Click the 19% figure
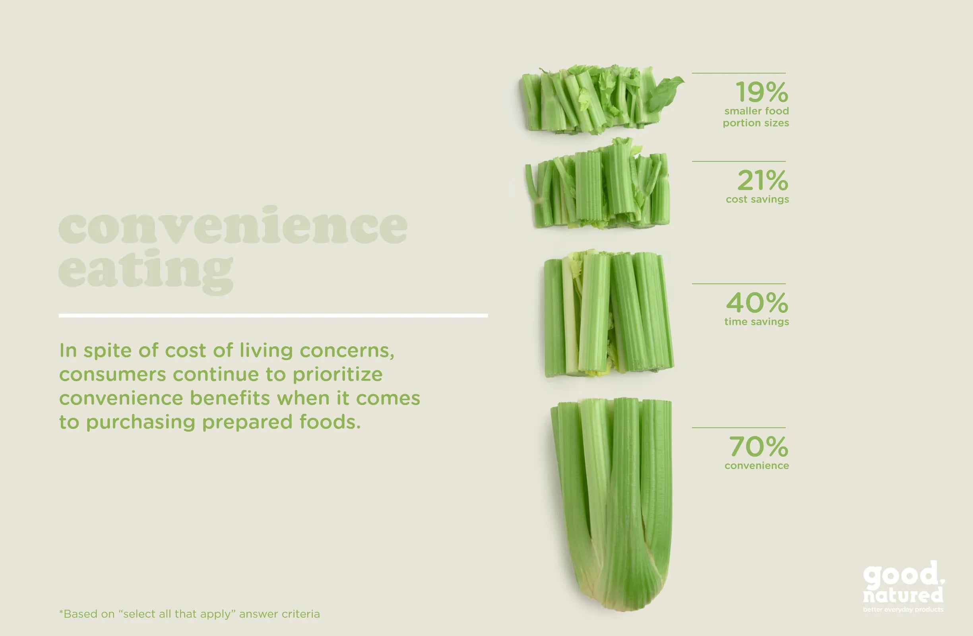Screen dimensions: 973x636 coord(762,92)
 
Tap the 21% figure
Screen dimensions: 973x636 coord(763,180)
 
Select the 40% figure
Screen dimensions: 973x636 coord(757,302)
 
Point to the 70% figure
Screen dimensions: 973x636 coord(759,446)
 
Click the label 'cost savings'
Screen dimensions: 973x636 coord(758,200)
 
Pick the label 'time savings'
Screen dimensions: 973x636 coord(757,322)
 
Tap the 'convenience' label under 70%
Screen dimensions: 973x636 coord(757,465)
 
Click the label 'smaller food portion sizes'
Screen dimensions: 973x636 coord(756,117)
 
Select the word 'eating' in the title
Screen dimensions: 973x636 coord(145,271)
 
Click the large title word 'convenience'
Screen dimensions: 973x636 coord(233,225)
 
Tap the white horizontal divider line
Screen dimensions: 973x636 coord(273,316)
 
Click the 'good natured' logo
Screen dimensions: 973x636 coord(903,582)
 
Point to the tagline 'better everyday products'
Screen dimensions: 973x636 coord(903,609)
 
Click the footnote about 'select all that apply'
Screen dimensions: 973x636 coord(189,614)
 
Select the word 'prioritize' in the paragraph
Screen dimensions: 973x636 coord(338,375)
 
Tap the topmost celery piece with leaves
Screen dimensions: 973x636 coord(601,99)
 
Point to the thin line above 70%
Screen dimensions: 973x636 coord(738,428)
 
